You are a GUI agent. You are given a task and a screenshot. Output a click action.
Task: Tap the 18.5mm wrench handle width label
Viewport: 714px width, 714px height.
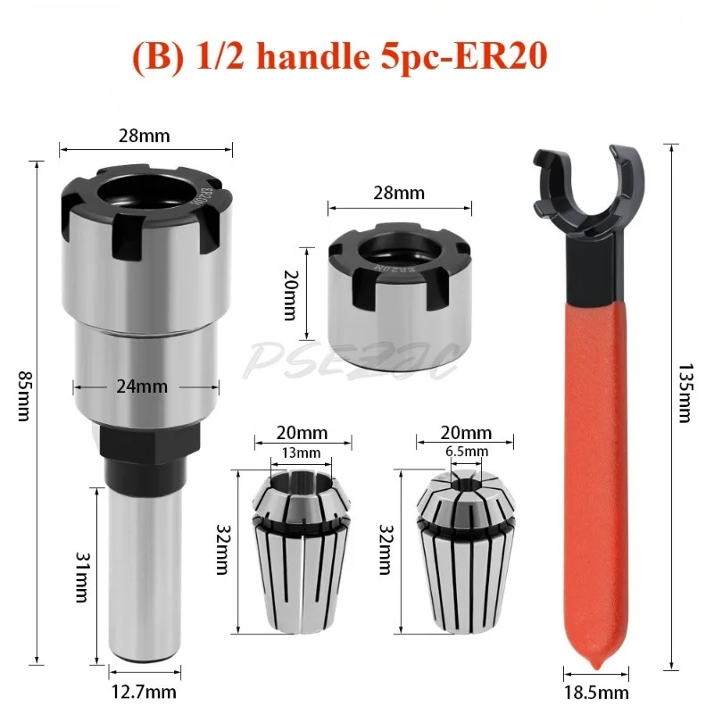pos(596,692)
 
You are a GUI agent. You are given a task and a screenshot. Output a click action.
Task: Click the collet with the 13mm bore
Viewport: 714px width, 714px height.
pos(300,553)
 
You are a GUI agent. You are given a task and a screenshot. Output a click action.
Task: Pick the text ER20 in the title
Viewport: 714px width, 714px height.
pos(501,57)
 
